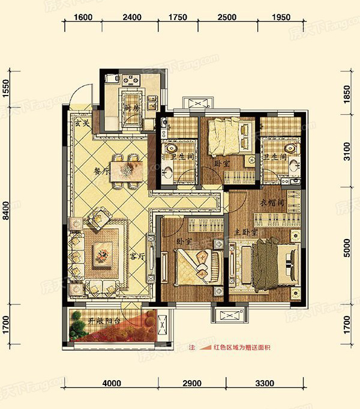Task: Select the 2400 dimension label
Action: [x=131, y=17]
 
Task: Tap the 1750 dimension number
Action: [x=179, y=17]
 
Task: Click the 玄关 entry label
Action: [x=82, y=124]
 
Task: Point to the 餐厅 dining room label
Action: [x=101, y=172]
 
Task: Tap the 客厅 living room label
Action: [x=137, y=256]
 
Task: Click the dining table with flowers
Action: [x=127, y=169]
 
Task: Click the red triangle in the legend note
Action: [x=208, y=348]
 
